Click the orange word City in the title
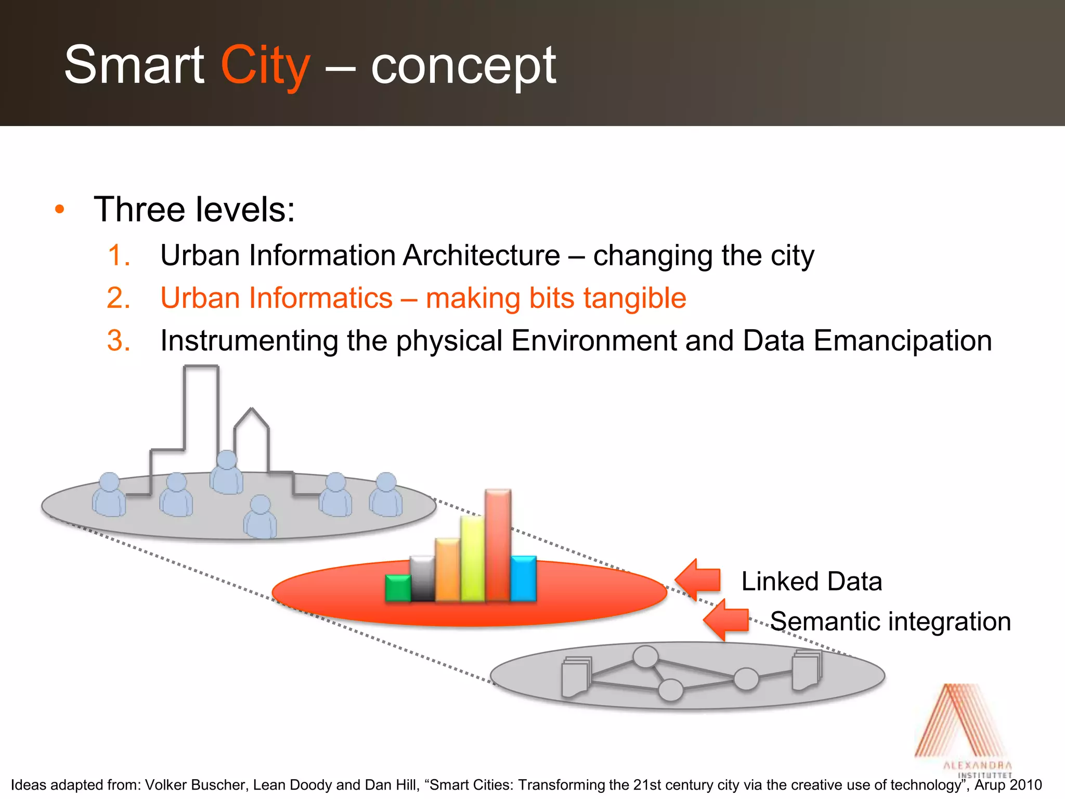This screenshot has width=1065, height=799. [265, 66]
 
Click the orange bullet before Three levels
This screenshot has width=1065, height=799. [60, 210]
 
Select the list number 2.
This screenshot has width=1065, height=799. [119, 299]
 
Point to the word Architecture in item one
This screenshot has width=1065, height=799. [481, 255]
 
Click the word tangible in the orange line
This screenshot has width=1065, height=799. [634, 299]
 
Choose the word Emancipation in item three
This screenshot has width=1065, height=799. [902, 341]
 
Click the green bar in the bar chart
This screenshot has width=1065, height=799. [398, 588]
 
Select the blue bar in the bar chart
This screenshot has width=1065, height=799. [523, 578]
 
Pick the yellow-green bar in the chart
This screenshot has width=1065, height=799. [473, 558]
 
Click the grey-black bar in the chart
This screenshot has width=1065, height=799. [422, 578]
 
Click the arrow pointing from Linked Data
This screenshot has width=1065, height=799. [698, 579]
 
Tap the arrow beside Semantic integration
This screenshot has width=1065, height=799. [726, 620]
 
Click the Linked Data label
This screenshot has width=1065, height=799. [811, 581]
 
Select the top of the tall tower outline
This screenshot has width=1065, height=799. [201, 367]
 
